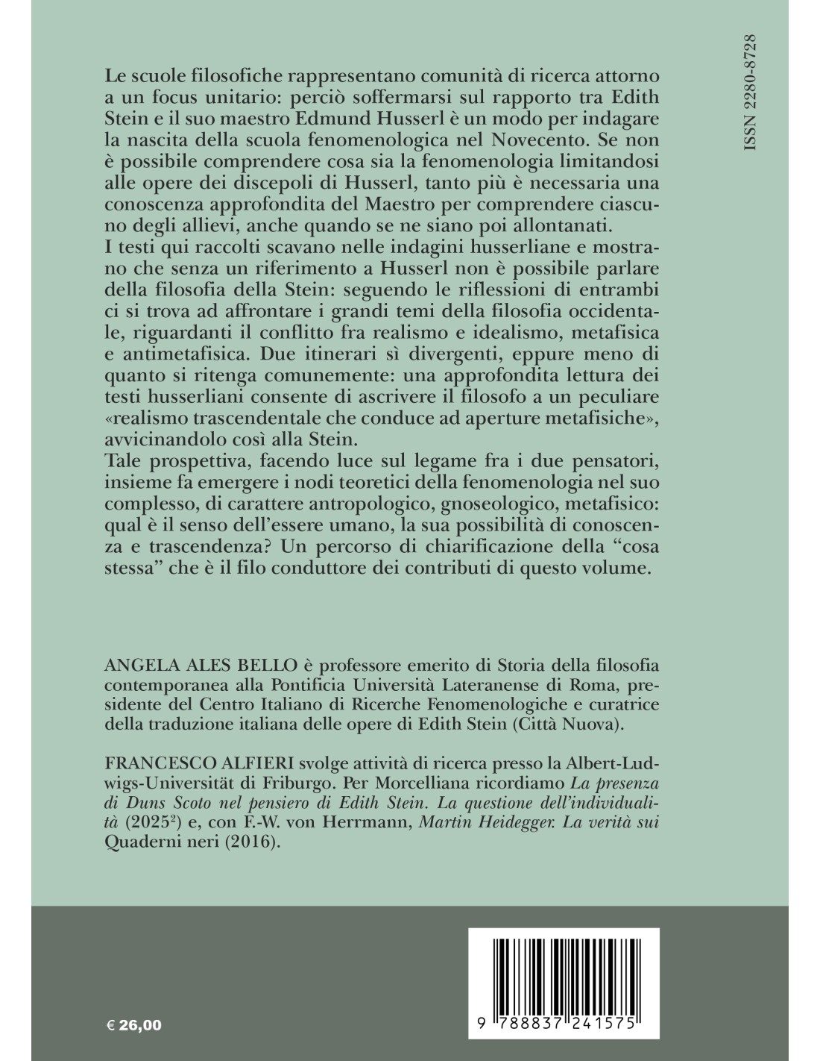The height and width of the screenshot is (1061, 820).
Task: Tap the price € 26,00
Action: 135,1025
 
